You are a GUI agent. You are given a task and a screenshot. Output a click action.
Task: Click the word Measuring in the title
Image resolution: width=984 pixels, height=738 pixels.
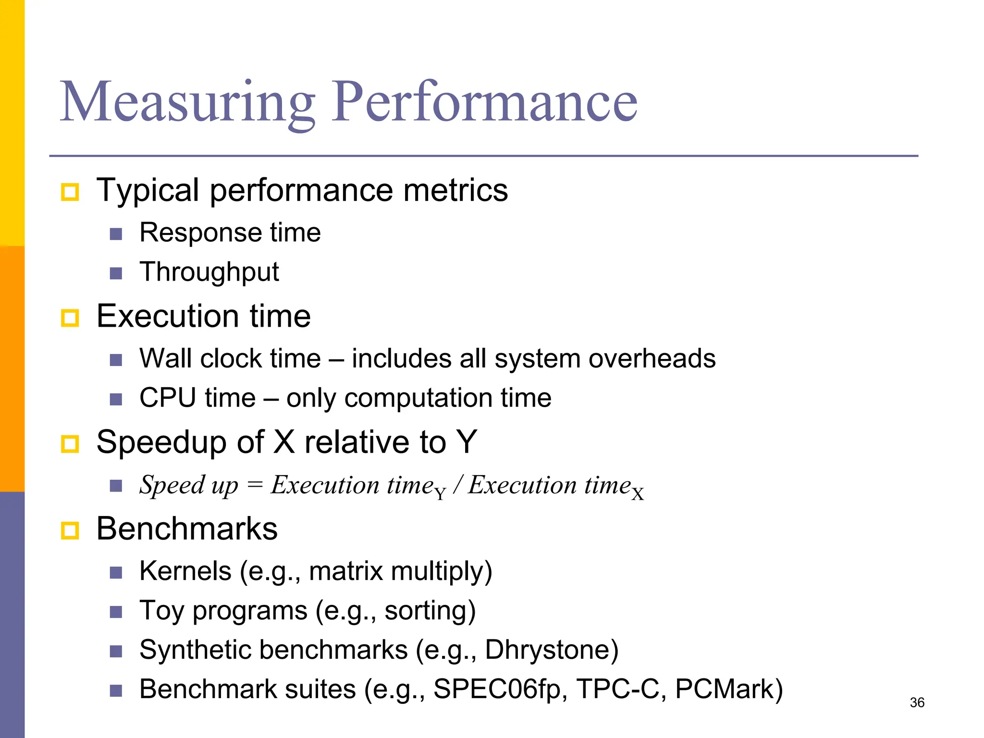point(187,102)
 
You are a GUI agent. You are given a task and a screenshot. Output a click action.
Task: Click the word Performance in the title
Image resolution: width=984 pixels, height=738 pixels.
point(485,102)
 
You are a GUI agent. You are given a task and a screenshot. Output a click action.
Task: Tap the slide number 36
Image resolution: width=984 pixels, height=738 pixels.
point(917,702)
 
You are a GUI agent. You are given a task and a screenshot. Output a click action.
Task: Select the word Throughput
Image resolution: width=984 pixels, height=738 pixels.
point(209,272)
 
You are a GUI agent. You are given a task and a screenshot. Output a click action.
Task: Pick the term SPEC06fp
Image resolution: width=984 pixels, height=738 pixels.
point(497,689)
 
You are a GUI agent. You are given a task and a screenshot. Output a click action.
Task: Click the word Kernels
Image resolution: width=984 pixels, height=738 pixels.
point(185,571)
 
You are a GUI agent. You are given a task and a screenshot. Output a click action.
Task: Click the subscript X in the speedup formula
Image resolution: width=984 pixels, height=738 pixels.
point(638,494)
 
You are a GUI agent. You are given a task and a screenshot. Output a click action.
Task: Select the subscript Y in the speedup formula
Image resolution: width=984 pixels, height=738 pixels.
point(440,493)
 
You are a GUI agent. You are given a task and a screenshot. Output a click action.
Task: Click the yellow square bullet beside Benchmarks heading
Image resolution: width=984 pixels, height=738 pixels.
point(70,531)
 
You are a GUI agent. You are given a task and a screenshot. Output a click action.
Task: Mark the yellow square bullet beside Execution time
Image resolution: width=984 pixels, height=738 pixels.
point(70,318)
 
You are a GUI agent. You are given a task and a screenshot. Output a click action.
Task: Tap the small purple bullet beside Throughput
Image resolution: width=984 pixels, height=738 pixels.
point(116,274)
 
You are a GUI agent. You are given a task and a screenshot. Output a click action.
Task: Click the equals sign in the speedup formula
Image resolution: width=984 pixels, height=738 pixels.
point(255,485)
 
